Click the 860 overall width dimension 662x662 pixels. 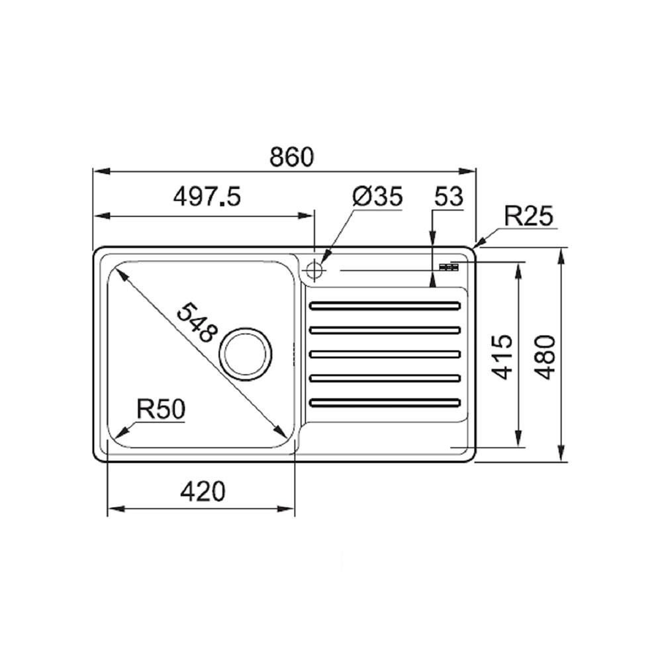[291, 157]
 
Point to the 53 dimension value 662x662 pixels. [449, 197]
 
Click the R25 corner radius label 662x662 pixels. [528, 216]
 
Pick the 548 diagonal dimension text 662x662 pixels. [197, 322]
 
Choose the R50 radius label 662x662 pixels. [160, 410]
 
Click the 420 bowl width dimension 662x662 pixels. [202, 491]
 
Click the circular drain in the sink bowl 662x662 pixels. [247, 351]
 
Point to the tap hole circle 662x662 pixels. [314, 269]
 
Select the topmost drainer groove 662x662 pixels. [385, 305]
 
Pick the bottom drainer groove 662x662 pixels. [385, 402]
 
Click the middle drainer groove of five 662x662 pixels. [385, 354]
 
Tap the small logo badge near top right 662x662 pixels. [449, 267]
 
